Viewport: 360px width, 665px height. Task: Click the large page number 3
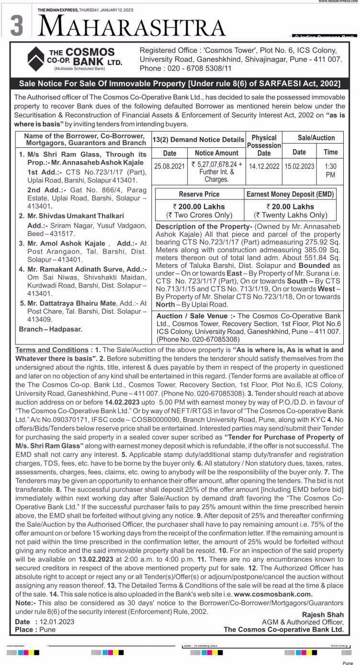click(16, 25)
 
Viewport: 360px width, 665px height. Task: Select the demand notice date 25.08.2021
click(169, 166)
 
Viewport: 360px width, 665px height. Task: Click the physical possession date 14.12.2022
click(264, 166)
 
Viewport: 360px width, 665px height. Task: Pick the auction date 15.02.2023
click(299, 166)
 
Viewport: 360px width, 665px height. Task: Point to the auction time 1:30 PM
click(330, 170)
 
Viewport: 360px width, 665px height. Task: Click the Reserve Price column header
click(199, 194)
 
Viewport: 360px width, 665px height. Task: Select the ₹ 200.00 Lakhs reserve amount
click(199, 207)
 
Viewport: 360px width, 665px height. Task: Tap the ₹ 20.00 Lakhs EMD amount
click(291, 207)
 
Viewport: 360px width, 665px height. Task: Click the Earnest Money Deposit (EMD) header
click(291, 194)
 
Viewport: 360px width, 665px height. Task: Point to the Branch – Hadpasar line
click(50, 329)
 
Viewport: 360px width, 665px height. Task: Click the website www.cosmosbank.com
click(273, 594)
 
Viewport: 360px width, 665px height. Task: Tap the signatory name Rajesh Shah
click(323, 614)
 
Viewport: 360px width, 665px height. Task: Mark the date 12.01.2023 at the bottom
click(57, 621)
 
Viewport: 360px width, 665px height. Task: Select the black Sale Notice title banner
click(180, 84)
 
